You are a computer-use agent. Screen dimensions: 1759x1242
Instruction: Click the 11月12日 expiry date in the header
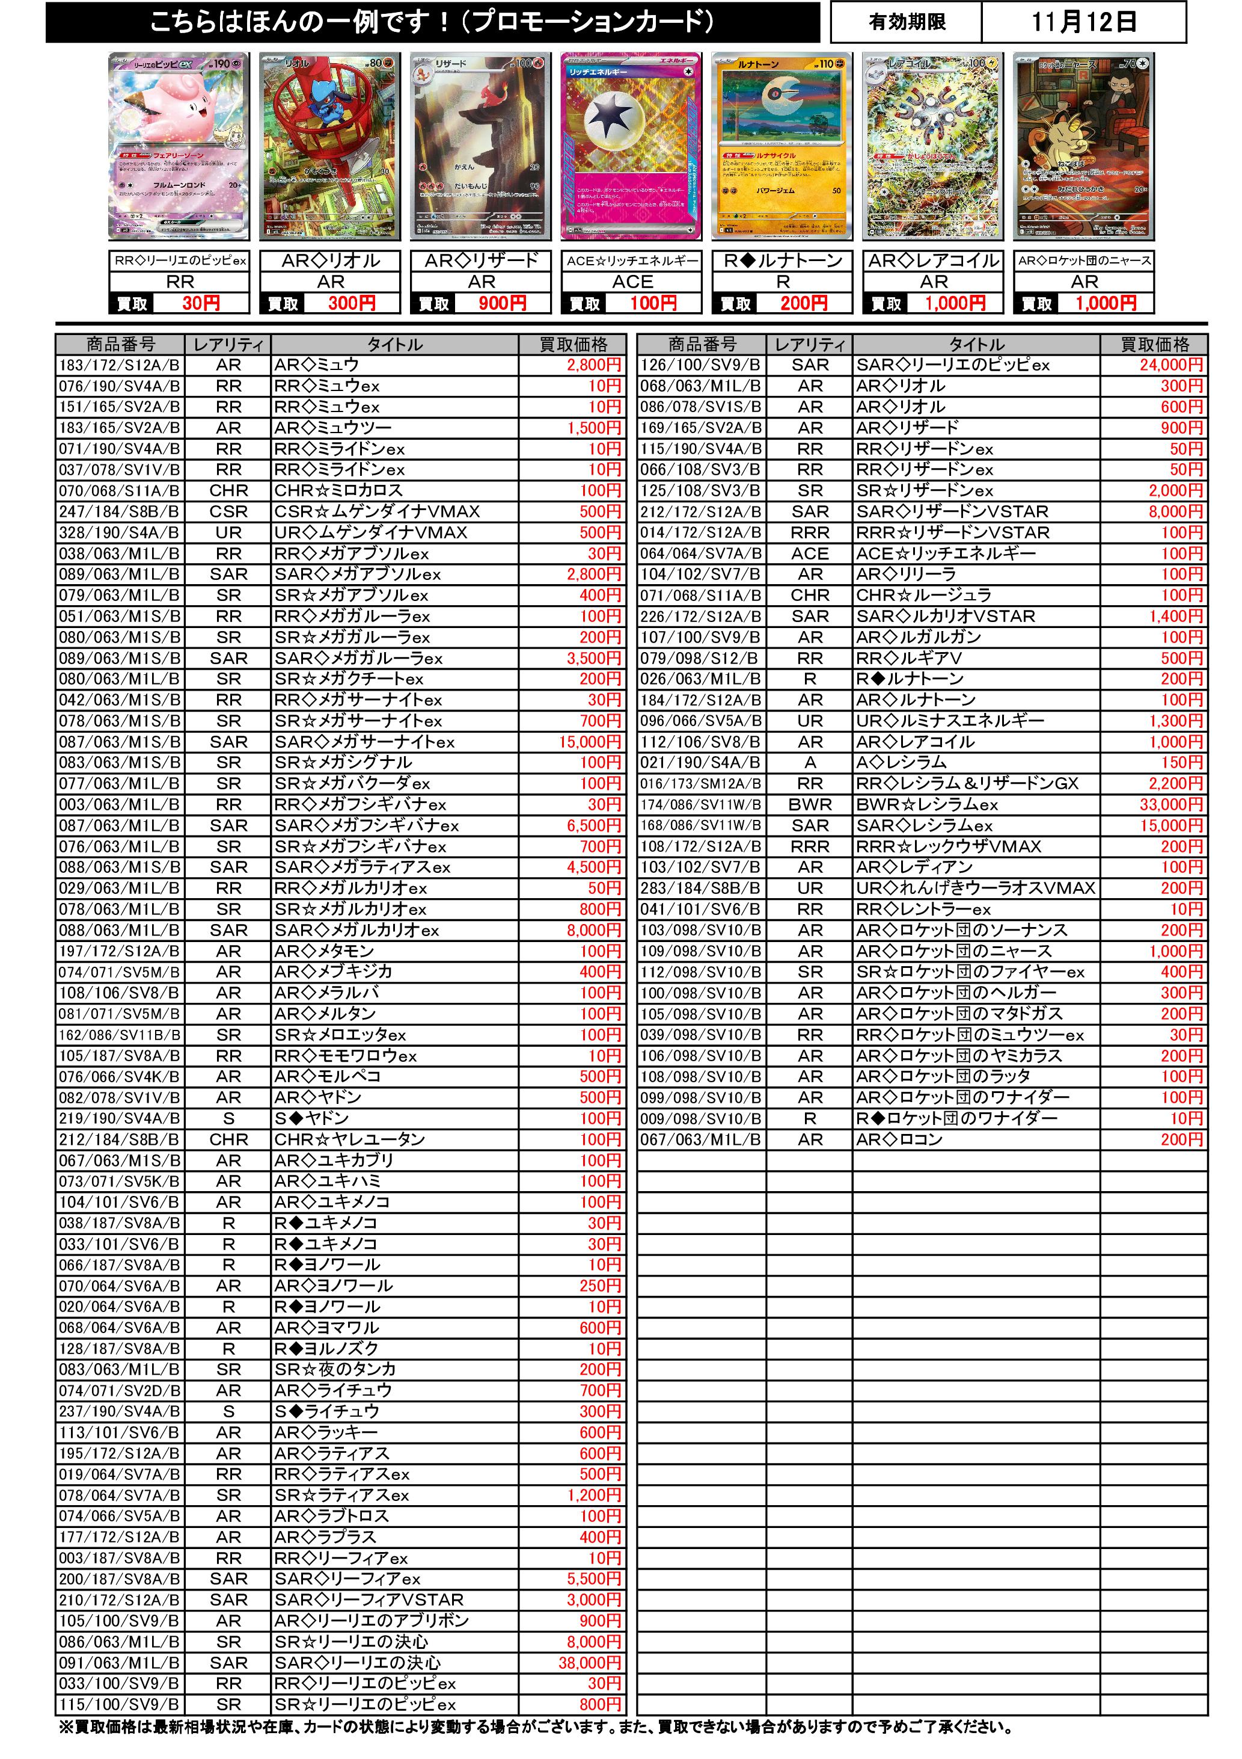(1083, 22)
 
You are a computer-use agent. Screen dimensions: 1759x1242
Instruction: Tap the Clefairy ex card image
(180, 146)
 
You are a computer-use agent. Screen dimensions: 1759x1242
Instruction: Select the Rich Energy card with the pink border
(632, 146)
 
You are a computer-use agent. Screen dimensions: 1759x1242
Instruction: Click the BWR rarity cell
(810, 804)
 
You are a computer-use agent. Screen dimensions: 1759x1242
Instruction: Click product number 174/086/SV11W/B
(700, 804)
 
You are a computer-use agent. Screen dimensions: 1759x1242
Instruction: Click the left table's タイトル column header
(394, 345)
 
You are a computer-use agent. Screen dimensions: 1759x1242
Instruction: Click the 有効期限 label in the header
(907, 22)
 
